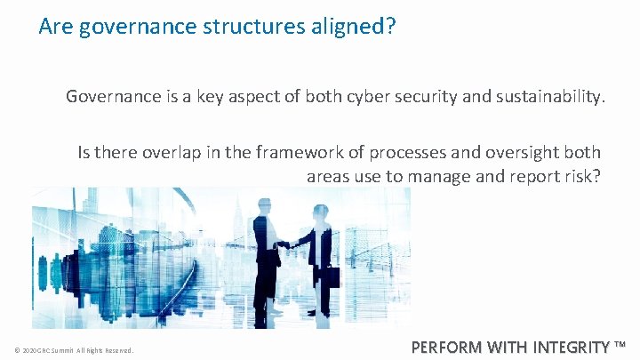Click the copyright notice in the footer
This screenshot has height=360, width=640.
[74, 350]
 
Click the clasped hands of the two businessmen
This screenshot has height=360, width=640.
[284, 244]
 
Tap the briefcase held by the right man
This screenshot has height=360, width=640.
[330, 276]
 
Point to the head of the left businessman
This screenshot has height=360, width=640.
[263, 205]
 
